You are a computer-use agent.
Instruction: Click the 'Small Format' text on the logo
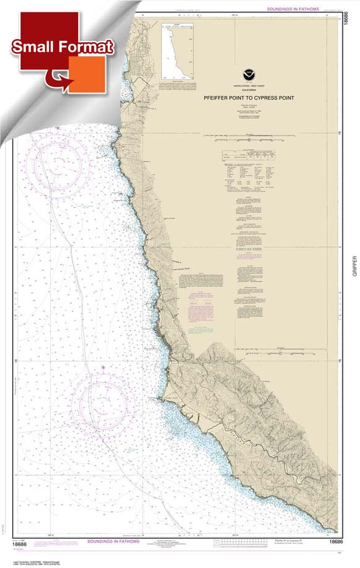pos(61,47)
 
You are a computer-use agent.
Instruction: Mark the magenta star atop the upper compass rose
pos(58,128)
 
